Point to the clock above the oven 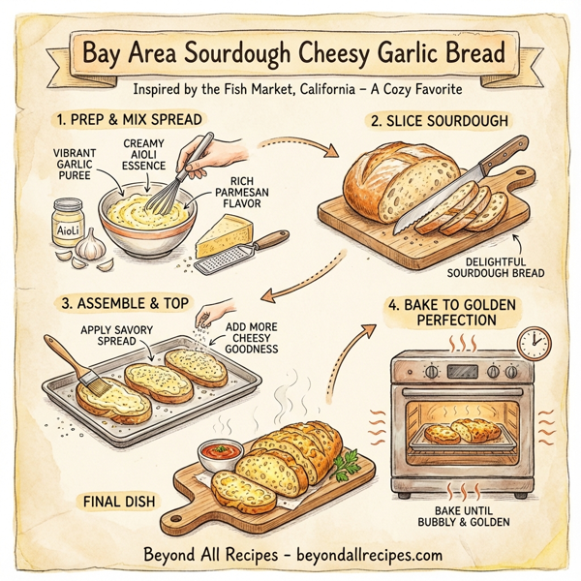coord(533,341)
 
